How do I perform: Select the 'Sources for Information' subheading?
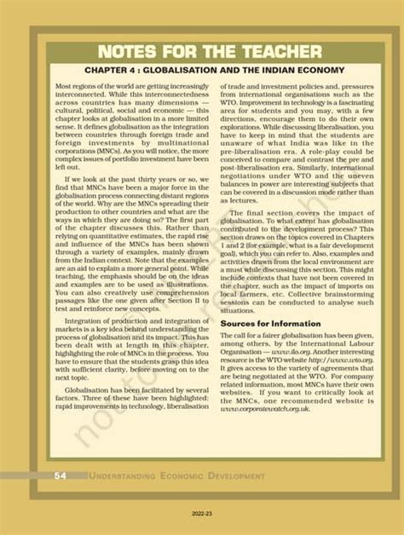point(271,324)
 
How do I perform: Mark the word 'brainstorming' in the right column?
point(323,293)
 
